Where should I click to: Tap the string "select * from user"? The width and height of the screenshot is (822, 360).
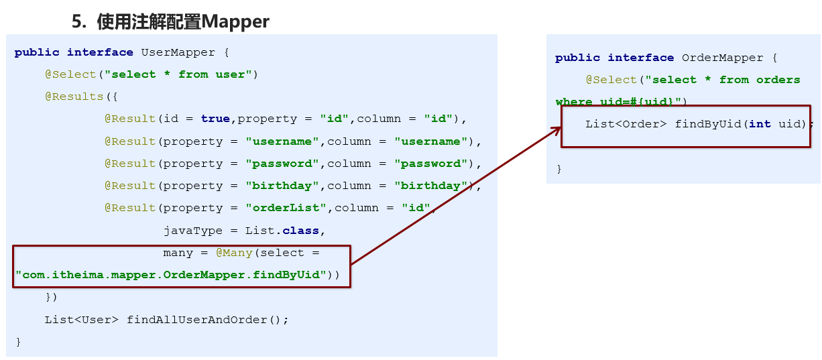[178, 74]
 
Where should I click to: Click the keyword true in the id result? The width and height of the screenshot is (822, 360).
[215, 119]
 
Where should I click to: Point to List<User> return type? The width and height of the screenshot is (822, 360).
[82, 320]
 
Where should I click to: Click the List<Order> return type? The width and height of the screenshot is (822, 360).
[626, 124]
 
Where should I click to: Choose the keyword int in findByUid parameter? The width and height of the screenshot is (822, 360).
[760, 124]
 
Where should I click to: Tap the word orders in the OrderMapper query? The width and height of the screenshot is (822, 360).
[778, 80]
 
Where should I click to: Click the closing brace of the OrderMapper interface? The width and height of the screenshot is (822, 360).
[559, 169]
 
